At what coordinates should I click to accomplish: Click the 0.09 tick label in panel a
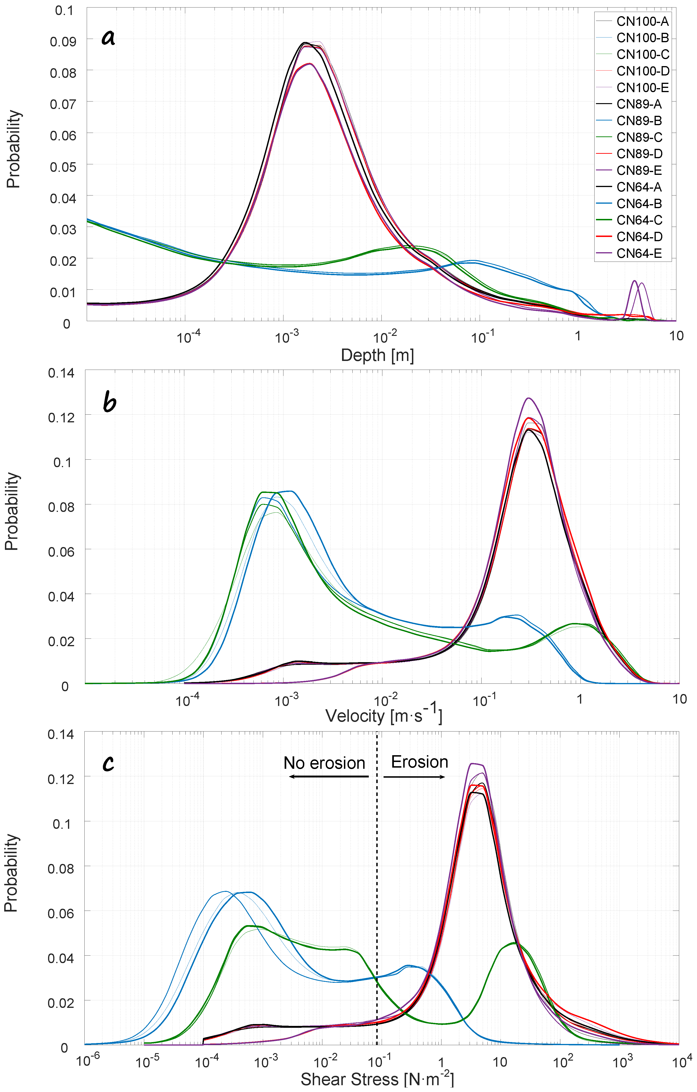[63, 41]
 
